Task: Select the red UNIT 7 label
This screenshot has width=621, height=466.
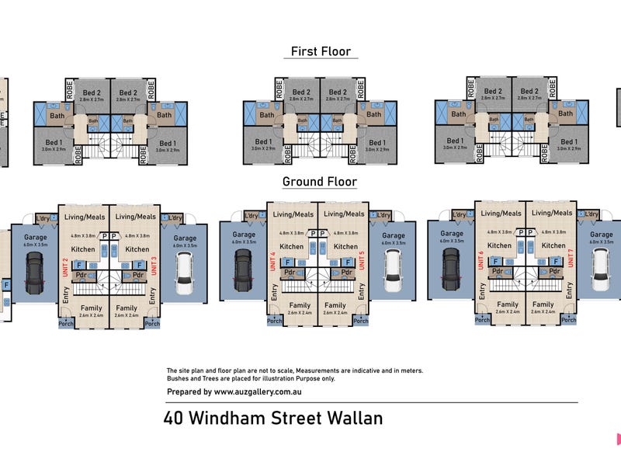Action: click(x=571, y=258)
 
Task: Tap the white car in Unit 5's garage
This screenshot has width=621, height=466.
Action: click(x=392, y=269)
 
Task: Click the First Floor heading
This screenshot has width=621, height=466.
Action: click(x=321, y=51)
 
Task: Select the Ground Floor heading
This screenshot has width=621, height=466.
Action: click(x=319, y=182)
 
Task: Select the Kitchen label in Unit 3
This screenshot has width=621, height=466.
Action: click(x=137, y=249)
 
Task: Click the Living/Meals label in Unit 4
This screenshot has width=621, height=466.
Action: click(x=293, y=214)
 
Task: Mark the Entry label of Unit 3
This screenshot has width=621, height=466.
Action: click(x=151, y=295)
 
